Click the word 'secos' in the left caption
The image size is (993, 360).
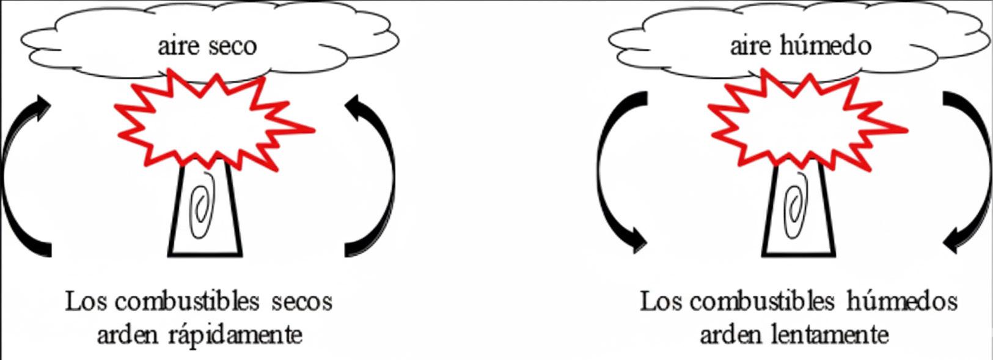(x=301, y=302)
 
